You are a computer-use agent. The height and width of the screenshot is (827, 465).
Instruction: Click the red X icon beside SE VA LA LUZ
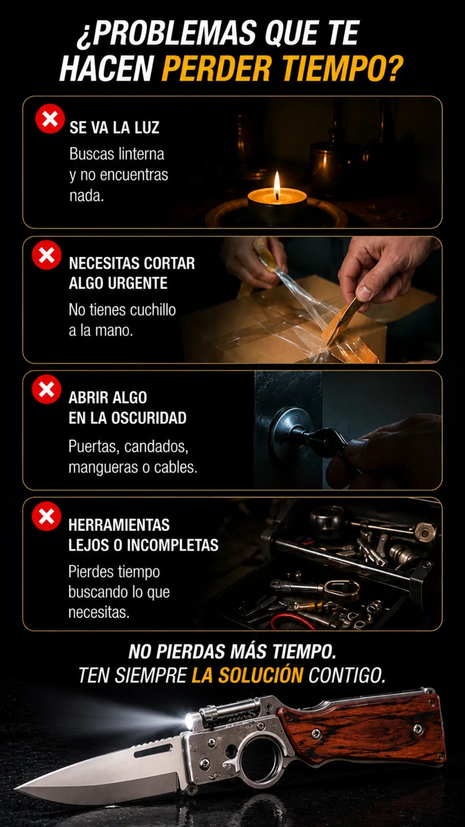point(50,118)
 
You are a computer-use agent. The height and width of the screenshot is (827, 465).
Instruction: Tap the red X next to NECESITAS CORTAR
point(46,255)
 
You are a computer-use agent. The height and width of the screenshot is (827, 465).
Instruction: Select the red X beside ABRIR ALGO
point(46,389)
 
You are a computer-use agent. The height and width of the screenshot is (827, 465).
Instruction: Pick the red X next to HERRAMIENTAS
point(46,516)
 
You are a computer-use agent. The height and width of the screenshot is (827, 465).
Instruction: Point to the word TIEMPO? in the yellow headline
point(342,68)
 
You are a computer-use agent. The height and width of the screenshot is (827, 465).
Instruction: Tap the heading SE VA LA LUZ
point(115,127)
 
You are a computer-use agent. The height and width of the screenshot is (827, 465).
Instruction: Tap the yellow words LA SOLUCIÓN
point(248,675)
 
